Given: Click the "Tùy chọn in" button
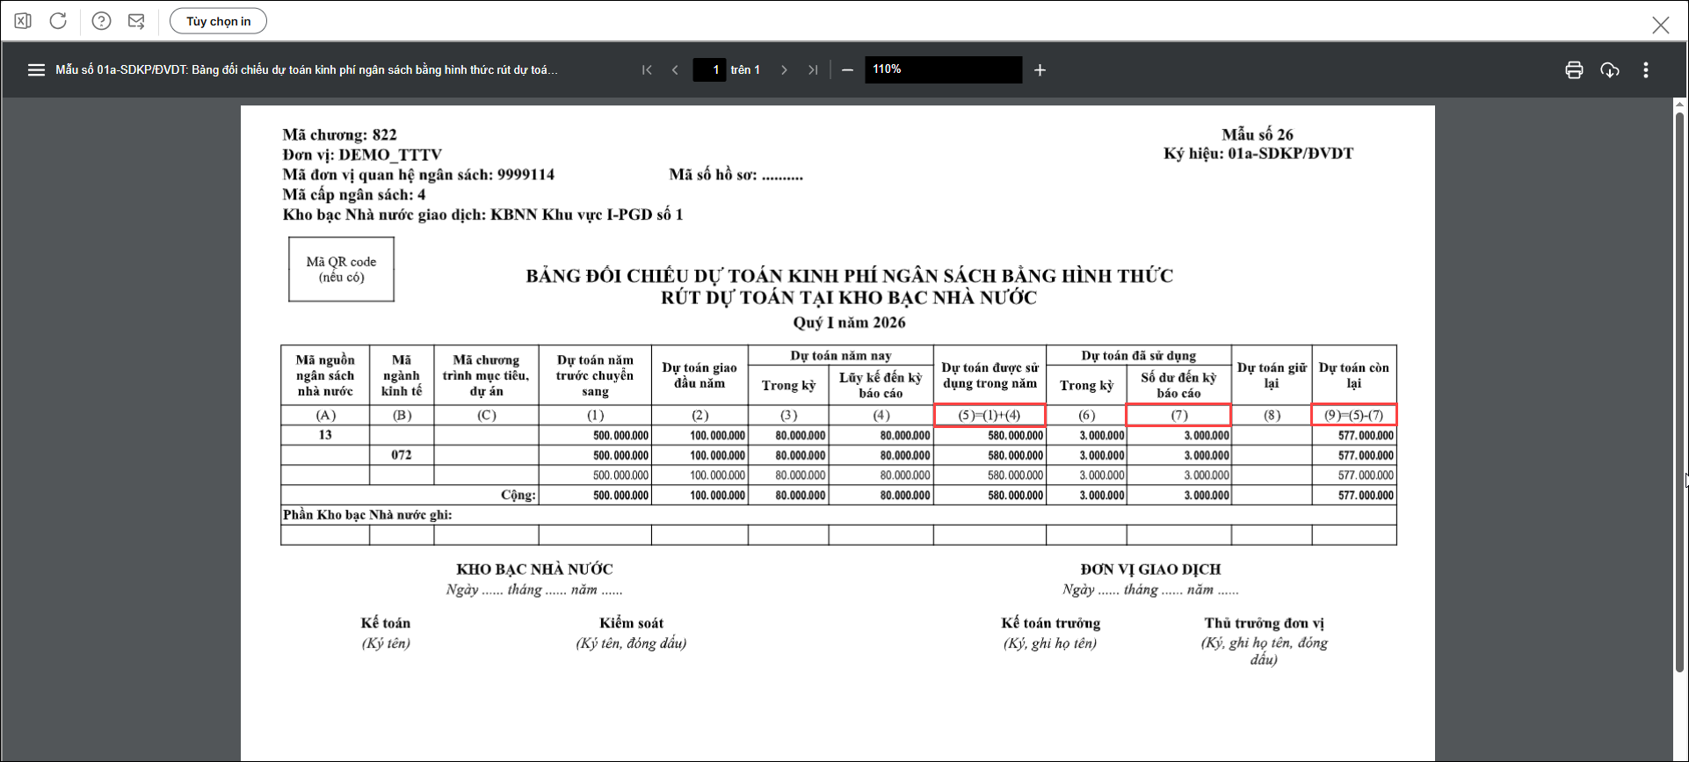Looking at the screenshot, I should tap(218, 21).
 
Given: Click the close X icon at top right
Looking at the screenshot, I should tap(1660, 25).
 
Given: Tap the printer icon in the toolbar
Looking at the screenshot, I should tap(1574, 70).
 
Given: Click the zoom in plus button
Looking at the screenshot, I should tap(1040, 70).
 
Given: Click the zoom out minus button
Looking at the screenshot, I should tap(847, 70).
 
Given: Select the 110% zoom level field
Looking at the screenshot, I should tap(942, 69).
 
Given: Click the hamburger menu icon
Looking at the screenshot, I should tap(36, 70).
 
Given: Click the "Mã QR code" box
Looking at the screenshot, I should tap(341, 269).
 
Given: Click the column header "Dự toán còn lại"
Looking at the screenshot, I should tap(1353, 375).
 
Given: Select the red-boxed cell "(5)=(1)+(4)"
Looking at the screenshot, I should tap(989, 415).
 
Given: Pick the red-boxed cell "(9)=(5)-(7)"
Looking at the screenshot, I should tap(1353, 415).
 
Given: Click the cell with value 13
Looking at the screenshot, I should tap(325, 435).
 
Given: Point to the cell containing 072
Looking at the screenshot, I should tap(402, 455).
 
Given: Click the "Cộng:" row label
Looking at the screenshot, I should tap(518, 495).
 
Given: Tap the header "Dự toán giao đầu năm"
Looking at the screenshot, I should tap(700, 375).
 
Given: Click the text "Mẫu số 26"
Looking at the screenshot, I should tap(1257, 134).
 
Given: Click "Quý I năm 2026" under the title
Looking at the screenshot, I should tap(849, 323).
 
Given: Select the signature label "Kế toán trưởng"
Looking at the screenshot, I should tap(1050, 623).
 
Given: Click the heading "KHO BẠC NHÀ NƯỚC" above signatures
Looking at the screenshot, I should tap(534, 570).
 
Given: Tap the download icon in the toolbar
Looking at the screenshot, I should tap(1609, 70).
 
